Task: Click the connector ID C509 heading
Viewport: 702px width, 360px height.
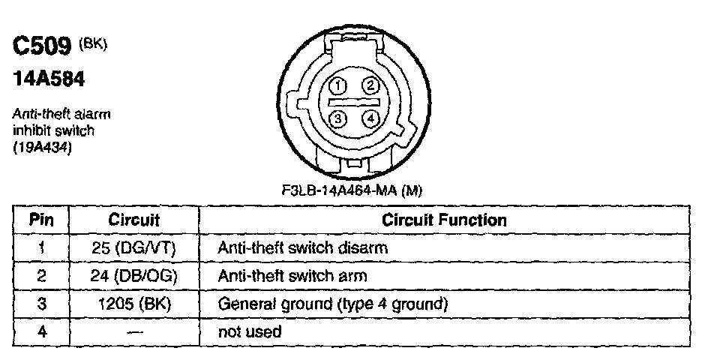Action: pyautogui.click(x=43, y=49)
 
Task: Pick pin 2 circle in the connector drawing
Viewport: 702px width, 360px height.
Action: pyautogui.click(x=369, y=85)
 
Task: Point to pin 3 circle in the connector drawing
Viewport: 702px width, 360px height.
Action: pyautogui.click(x=338, y=118)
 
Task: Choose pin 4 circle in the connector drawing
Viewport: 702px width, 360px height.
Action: pyautogui.click(x=369, y=118)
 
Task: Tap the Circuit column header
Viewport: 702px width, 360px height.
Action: pyautogui.click(x=134, y=220)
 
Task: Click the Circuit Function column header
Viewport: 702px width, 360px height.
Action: pyautogui.click(x=444, y=220)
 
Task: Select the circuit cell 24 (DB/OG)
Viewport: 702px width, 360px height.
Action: pyautogui.click(x=134, y=276)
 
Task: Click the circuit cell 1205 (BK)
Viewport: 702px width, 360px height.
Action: pyautogui.click(x=134, y=304)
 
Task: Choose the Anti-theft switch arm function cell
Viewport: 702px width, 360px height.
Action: pyautogui.click(x=292, y=276)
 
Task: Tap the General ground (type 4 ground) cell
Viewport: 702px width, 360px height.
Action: pyautogui.click(x=332, y=304)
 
